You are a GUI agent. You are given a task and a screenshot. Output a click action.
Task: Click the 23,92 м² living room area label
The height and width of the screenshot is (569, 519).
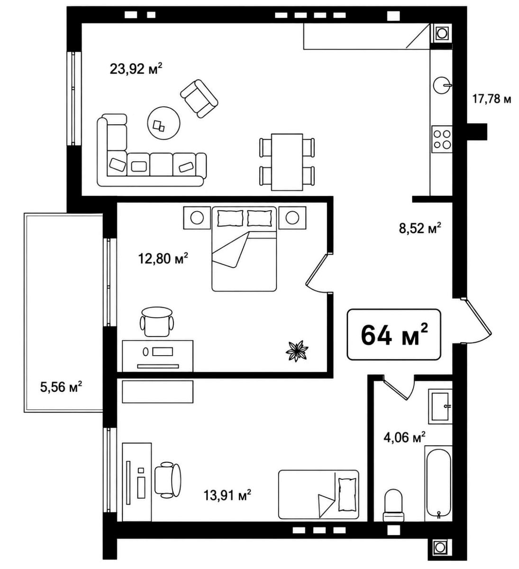[x=136, y=69]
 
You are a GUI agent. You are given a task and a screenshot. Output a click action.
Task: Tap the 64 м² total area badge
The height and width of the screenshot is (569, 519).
[x=394, y=335]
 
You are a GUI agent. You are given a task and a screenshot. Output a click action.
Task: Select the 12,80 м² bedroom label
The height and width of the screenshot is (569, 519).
[x=163, y=258]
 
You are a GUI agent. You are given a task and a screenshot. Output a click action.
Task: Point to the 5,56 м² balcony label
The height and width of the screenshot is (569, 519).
[x=61, y=387]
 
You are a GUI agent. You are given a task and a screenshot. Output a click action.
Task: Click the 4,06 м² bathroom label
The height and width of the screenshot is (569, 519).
[x=404, y=437]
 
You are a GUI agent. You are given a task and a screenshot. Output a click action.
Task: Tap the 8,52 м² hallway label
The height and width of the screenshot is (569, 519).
[x=420, y=228]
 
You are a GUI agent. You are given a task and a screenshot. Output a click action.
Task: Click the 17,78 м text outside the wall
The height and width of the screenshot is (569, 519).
[x=491, y=99]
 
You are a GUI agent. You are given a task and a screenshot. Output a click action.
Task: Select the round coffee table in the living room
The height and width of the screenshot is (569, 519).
[x=164, y=122]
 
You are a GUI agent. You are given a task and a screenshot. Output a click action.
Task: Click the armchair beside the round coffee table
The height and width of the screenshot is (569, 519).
[x=199, y=99]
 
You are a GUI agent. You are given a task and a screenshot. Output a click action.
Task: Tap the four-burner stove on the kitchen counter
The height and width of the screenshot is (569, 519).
[x=442, y=139]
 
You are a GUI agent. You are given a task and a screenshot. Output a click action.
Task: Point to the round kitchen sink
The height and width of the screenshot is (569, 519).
[x=442, y=85]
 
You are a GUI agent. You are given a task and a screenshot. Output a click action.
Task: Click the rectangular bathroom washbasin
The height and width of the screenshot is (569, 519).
[x=440, y=407]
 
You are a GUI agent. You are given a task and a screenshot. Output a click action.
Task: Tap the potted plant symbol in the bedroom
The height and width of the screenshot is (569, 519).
[x=296, y=351]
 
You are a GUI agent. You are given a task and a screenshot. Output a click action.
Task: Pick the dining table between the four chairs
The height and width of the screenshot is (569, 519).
[x=287, y=162]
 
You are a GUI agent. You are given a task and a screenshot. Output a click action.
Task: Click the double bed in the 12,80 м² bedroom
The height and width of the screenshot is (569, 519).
[x=244, y=249]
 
